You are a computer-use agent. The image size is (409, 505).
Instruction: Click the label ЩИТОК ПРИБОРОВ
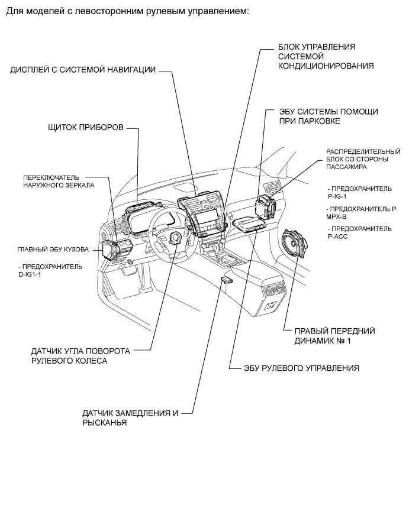pyautogui.click(x=85, y=128)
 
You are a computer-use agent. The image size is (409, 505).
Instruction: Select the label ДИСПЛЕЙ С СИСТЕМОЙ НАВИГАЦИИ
pyautogui.click(x=83, y=69)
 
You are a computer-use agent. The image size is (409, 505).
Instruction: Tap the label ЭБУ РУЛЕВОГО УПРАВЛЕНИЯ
pyautogui.click(x=302, y=367)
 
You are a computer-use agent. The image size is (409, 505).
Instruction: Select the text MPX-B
pyautogui.click(x=336, y=216)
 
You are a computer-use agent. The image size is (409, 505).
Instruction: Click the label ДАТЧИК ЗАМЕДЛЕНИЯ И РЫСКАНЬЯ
pyautogui.click(x=130, y=418)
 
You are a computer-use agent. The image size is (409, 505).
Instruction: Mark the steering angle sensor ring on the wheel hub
pyautogui.click(x=176, y=238)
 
